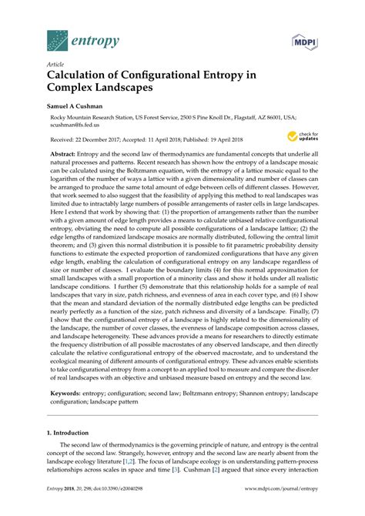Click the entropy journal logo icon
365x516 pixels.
pyautogui.click(x=57, y=39)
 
